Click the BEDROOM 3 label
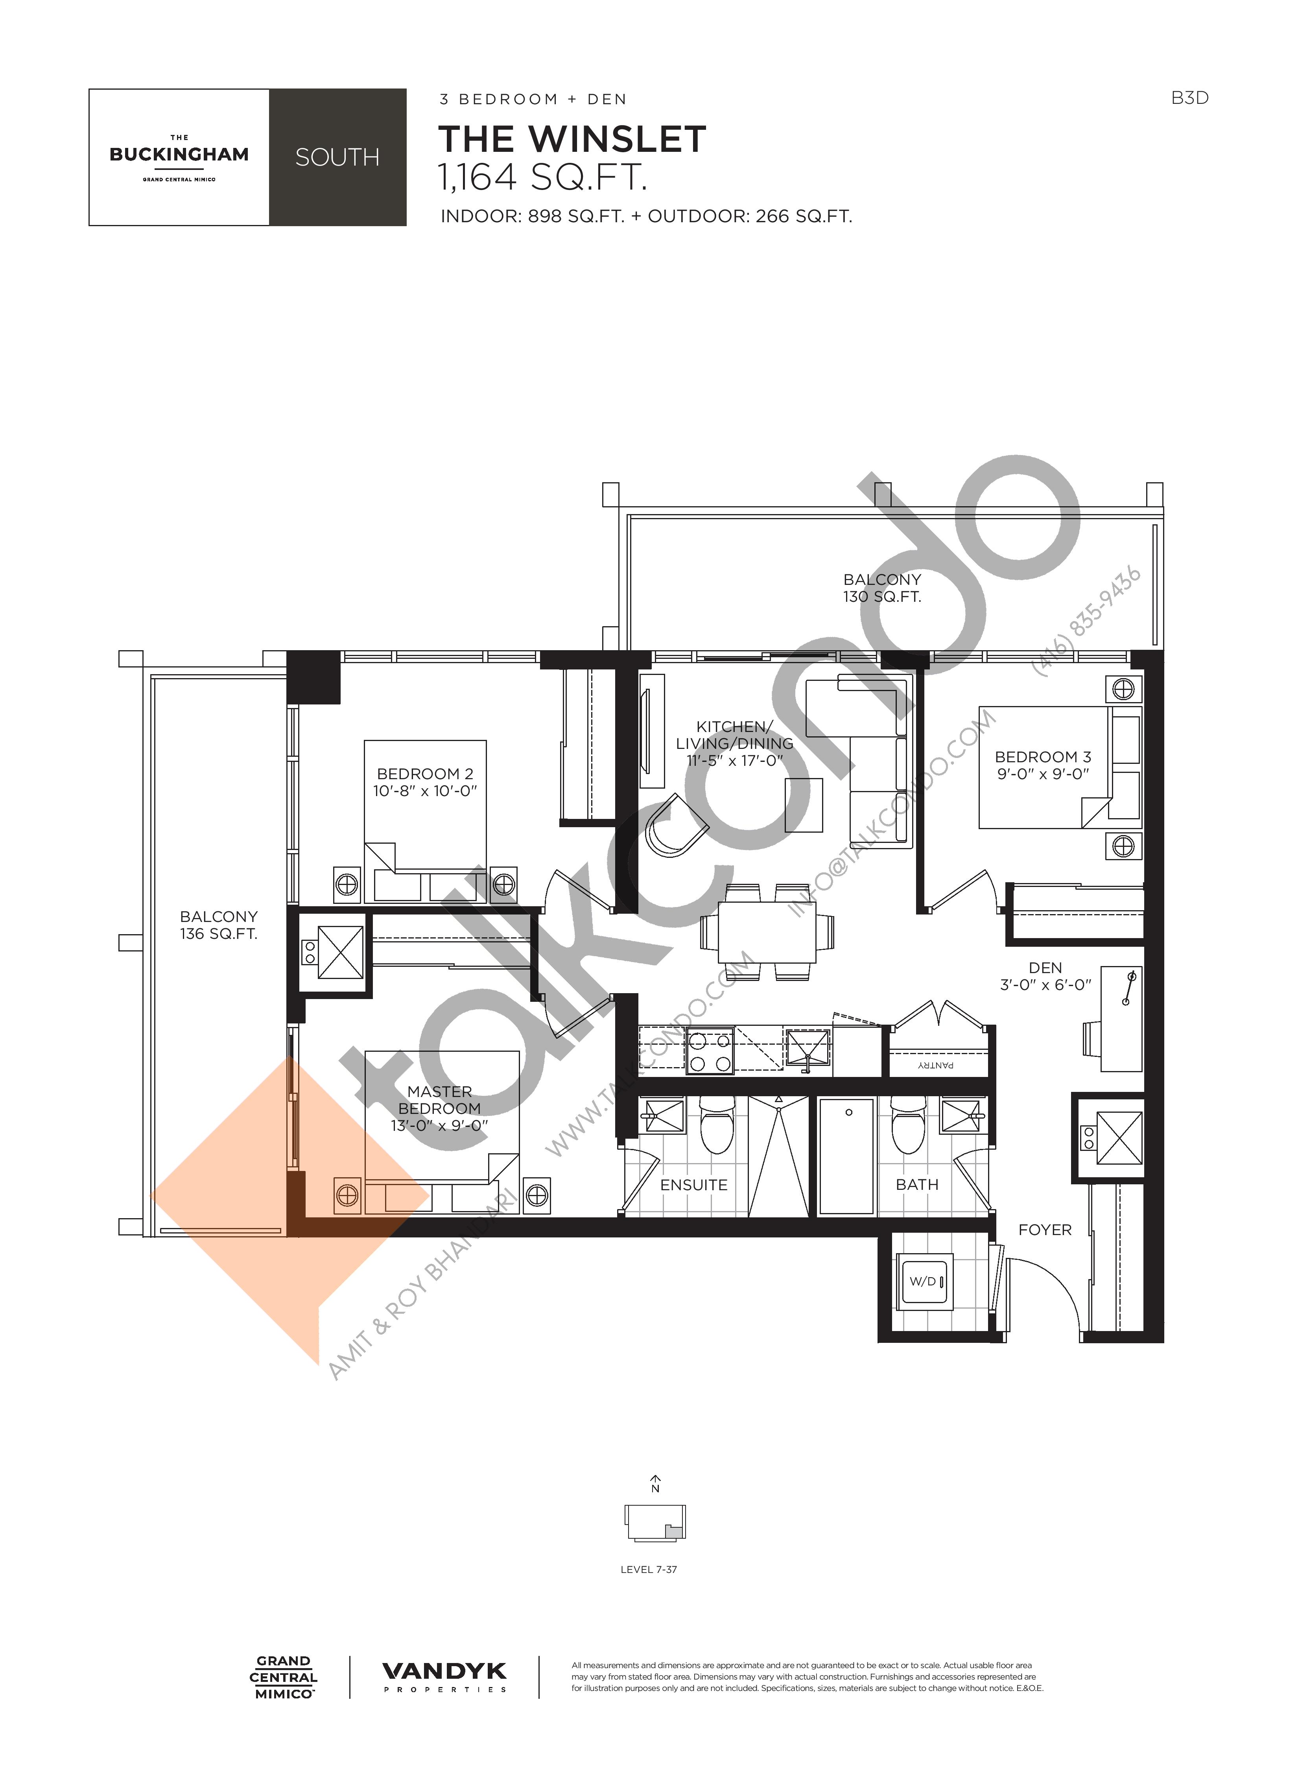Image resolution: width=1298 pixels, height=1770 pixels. click(x=1043, y=757)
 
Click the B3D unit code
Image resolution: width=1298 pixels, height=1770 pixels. click(x=1189, y=98)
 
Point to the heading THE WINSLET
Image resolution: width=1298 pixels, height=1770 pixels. click(x=572, y=139)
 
